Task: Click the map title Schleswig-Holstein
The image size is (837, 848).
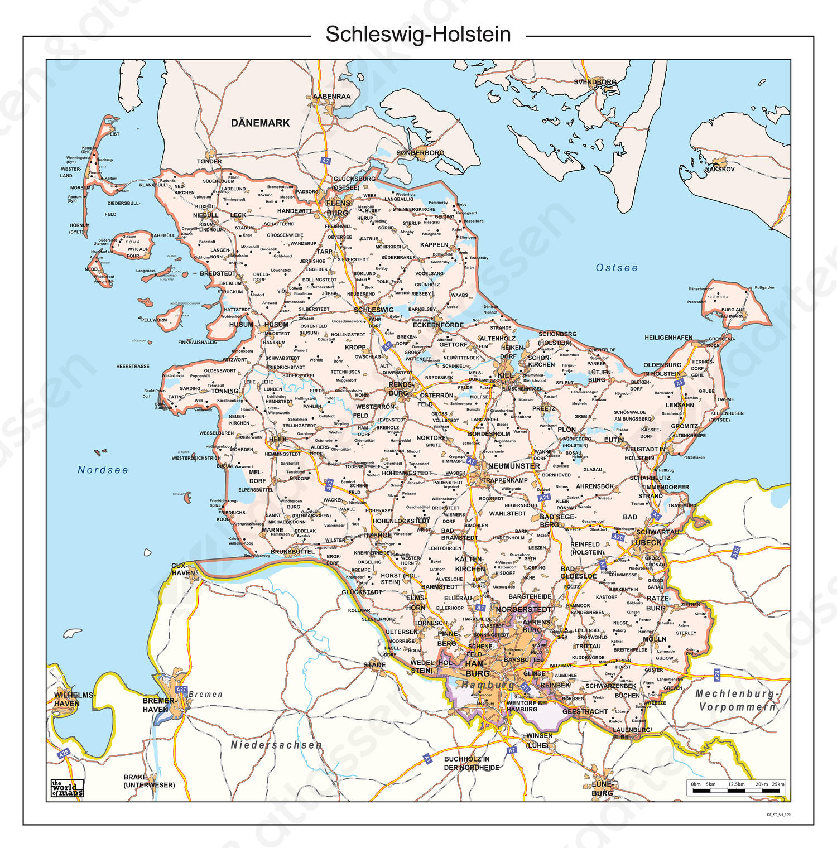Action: tap(418, 35)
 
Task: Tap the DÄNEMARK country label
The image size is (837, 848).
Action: tap(260, 123)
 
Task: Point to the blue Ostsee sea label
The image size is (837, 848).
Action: tap(617, 268)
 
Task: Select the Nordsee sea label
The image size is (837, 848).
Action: tap(103, 470)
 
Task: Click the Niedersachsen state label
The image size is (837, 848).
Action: tap(276, 745)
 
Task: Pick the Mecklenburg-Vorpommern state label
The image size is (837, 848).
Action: tap(736, 700)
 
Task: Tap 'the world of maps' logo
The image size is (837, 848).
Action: tap(67, 788)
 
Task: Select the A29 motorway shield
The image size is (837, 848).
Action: tap(64, 754)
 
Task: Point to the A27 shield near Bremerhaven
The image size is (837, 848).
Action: tap(181, 690)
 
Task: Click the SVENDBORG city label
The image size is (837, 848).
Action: tap(595, 82)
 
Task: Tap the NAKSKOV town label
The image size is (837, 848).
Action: tap(720, 169)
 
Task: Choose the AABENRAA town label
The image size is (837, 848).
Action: tap(331, 97)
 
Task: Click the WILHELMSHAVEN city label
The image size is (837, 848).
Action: tap(74, 699)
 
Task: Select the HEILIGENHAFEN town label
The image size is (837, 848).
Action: tap(668, 338)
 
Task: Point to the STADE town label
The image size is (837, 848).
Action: tap(374, 664)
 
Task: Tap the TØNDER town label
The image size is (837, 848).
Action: tap(209, 162)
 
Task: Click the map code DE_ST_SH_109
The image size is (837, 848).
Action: tap(778, 815)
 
